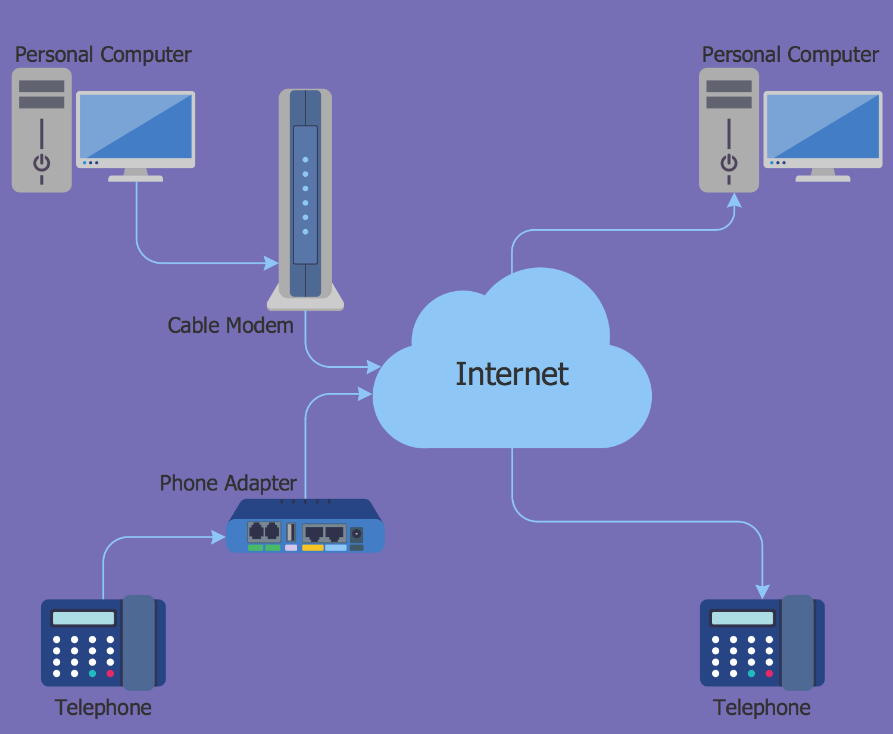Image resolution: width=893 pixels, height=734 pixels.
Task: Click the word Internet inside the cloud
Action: tap(512, 374)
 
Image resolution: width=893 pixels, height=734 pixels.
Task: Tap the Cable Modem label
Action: tap(230, 326)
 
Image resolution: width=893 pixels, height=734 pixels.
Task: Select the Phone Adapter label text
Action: tap(228, 483)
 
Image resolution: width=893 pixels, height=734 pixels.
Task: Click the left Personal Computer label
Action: tap(103, 55)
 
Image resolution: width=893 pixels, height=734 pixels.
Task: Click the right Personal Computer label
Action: tap(790, 55)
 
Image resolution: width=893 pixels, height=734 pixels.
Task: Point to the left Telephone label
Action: tap(103, 707)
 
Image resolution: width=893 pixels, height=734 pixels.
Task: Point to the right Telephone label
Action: tap(761, 707)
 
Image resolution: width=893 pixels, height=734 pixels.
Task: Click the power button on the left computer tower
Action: tap(42, 162)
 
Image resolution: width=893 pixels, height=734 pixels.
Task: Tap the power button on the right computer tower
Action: tap(729, 162)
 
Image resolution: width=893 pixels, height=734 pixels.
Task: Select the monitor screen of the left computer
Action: tap(136, 126)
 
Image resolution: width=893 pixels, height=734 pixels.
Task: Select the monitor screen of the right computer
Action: tap(823, 126)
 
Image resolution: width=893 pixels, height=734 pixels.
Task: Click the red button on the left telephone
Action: tap(110, 674)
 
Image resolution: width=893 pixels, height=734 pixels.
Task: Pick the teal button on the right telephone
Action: tap(751, 674)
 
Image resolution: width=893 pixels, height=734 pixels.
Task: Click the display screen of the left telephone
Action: tap(83, 618)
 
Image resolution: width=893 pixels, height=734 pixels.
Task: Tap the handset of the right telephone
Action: tap(797, 643)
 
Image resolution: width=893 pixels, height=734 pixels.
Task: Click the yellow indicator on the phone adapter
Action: tap(313, 548)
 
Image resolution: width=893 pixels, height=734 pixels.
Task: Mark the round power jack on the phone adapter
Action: tap(356, 533)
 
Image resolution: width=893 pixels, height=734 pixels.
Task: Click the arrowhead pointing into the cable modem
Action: tap(271, 263)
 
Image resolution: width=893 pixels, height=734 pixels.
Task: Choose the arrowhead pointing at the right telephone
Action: tap(762, 592)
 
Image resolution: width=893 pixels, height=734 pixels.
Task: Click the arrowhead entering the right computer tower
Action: tap(735, 200)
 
